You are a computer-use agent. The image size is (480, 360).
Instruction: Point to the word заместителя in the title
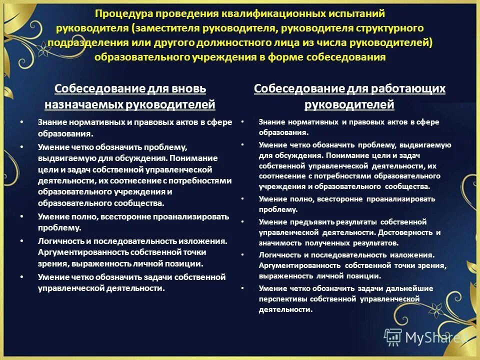click(168, 28)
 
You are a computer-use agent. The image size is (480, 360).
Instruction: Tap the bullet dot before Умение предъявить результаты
click(241, 221)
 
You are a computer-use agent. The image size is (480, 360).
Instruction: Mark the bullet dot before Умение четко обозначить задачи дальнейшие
click(241, 288)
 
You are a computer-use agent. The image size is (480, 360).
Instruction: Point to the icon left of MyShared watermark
click(392, 337)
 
